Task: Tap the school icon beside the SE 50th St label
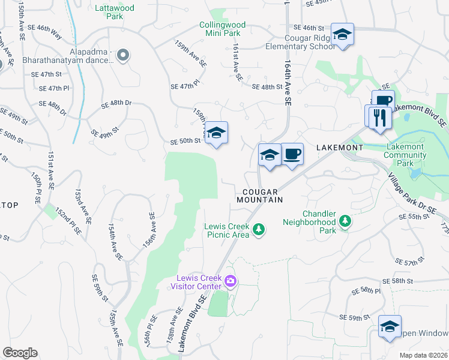tap(217, 133)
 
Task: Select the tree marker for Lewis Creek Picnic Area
tap(259, 229)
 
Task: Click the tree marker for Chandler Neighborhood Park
tap(345, 222)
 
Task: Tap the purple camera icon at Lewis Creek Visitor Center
tap(230, 281)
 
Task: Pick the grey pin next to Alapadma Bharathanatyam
tap(123, 56)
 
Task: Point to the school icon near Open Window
tap(390, 327)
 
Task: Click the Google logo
tap(20, 353)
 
